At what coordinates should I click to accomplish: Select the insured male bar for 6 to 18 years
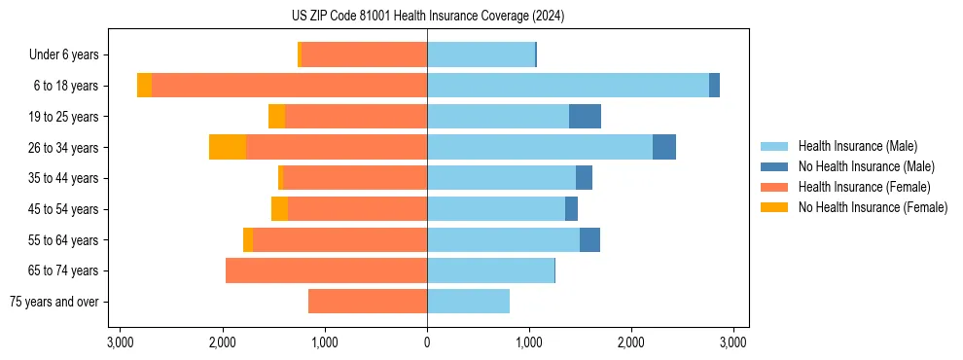click(x=568, y=86)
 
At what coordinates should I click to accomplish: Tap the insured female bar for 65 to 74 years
click(x=326, y=270)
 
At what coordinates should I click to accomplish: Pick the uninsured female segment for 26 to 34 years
click(x=228, y=147)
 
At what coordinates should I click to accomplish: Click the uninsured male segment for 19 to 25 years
click(x=585, y=117)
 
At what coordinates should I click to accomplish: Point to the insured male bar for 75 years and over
click(x=468, y=302)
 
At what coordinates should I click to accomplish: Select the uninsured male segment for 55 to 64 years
click(x=589, y=239)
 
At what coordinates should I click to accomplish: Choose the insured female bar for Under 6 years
click(x=364, y=54)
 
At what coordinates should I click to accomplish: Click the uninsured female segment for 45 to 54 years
click(x=279, y=209)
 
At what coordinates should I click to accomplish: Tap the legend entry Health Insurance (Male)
click(x=857, y=146)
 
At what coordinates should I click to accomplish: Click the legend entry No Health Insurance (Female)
click(x=873, y=207)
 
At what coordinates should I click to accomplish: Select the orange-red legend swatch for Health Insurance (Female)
click(x=774, y=187)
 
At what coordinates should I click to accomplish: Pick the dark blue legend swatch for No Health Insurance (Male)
click(x=774, y=166)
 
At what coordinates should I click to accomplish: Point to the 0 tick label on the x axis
click(x=427, y=342)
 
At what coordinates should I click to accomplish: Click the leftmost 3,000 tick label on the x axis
click(x=121, y=342)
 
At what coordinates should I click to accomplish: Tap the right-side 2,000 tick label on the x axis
click(x=631, y=342)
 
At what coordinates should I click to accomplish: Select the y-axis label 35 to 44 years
click(x=63, y=178)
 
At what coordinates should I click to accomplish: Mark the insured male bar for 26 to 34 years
click(x=540, y=147)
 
